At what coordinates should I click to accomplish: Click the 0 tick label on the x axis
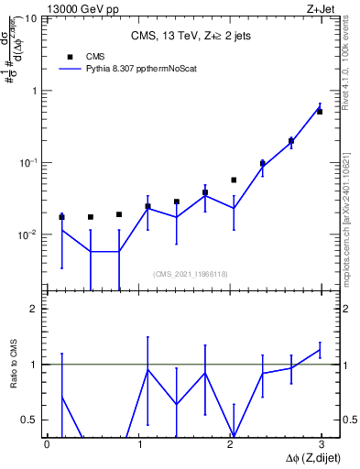(x=47, y=444)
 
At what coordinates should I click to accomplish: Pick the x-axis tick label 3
(x=322, y=444)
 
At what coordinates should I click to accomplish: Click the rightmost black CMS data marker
(x=319, y=111)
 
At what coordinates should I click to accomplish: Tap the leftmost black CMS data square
(x=61, y=217)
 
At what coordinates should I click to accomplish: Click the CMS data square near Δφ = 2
(x=234, y=180)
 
